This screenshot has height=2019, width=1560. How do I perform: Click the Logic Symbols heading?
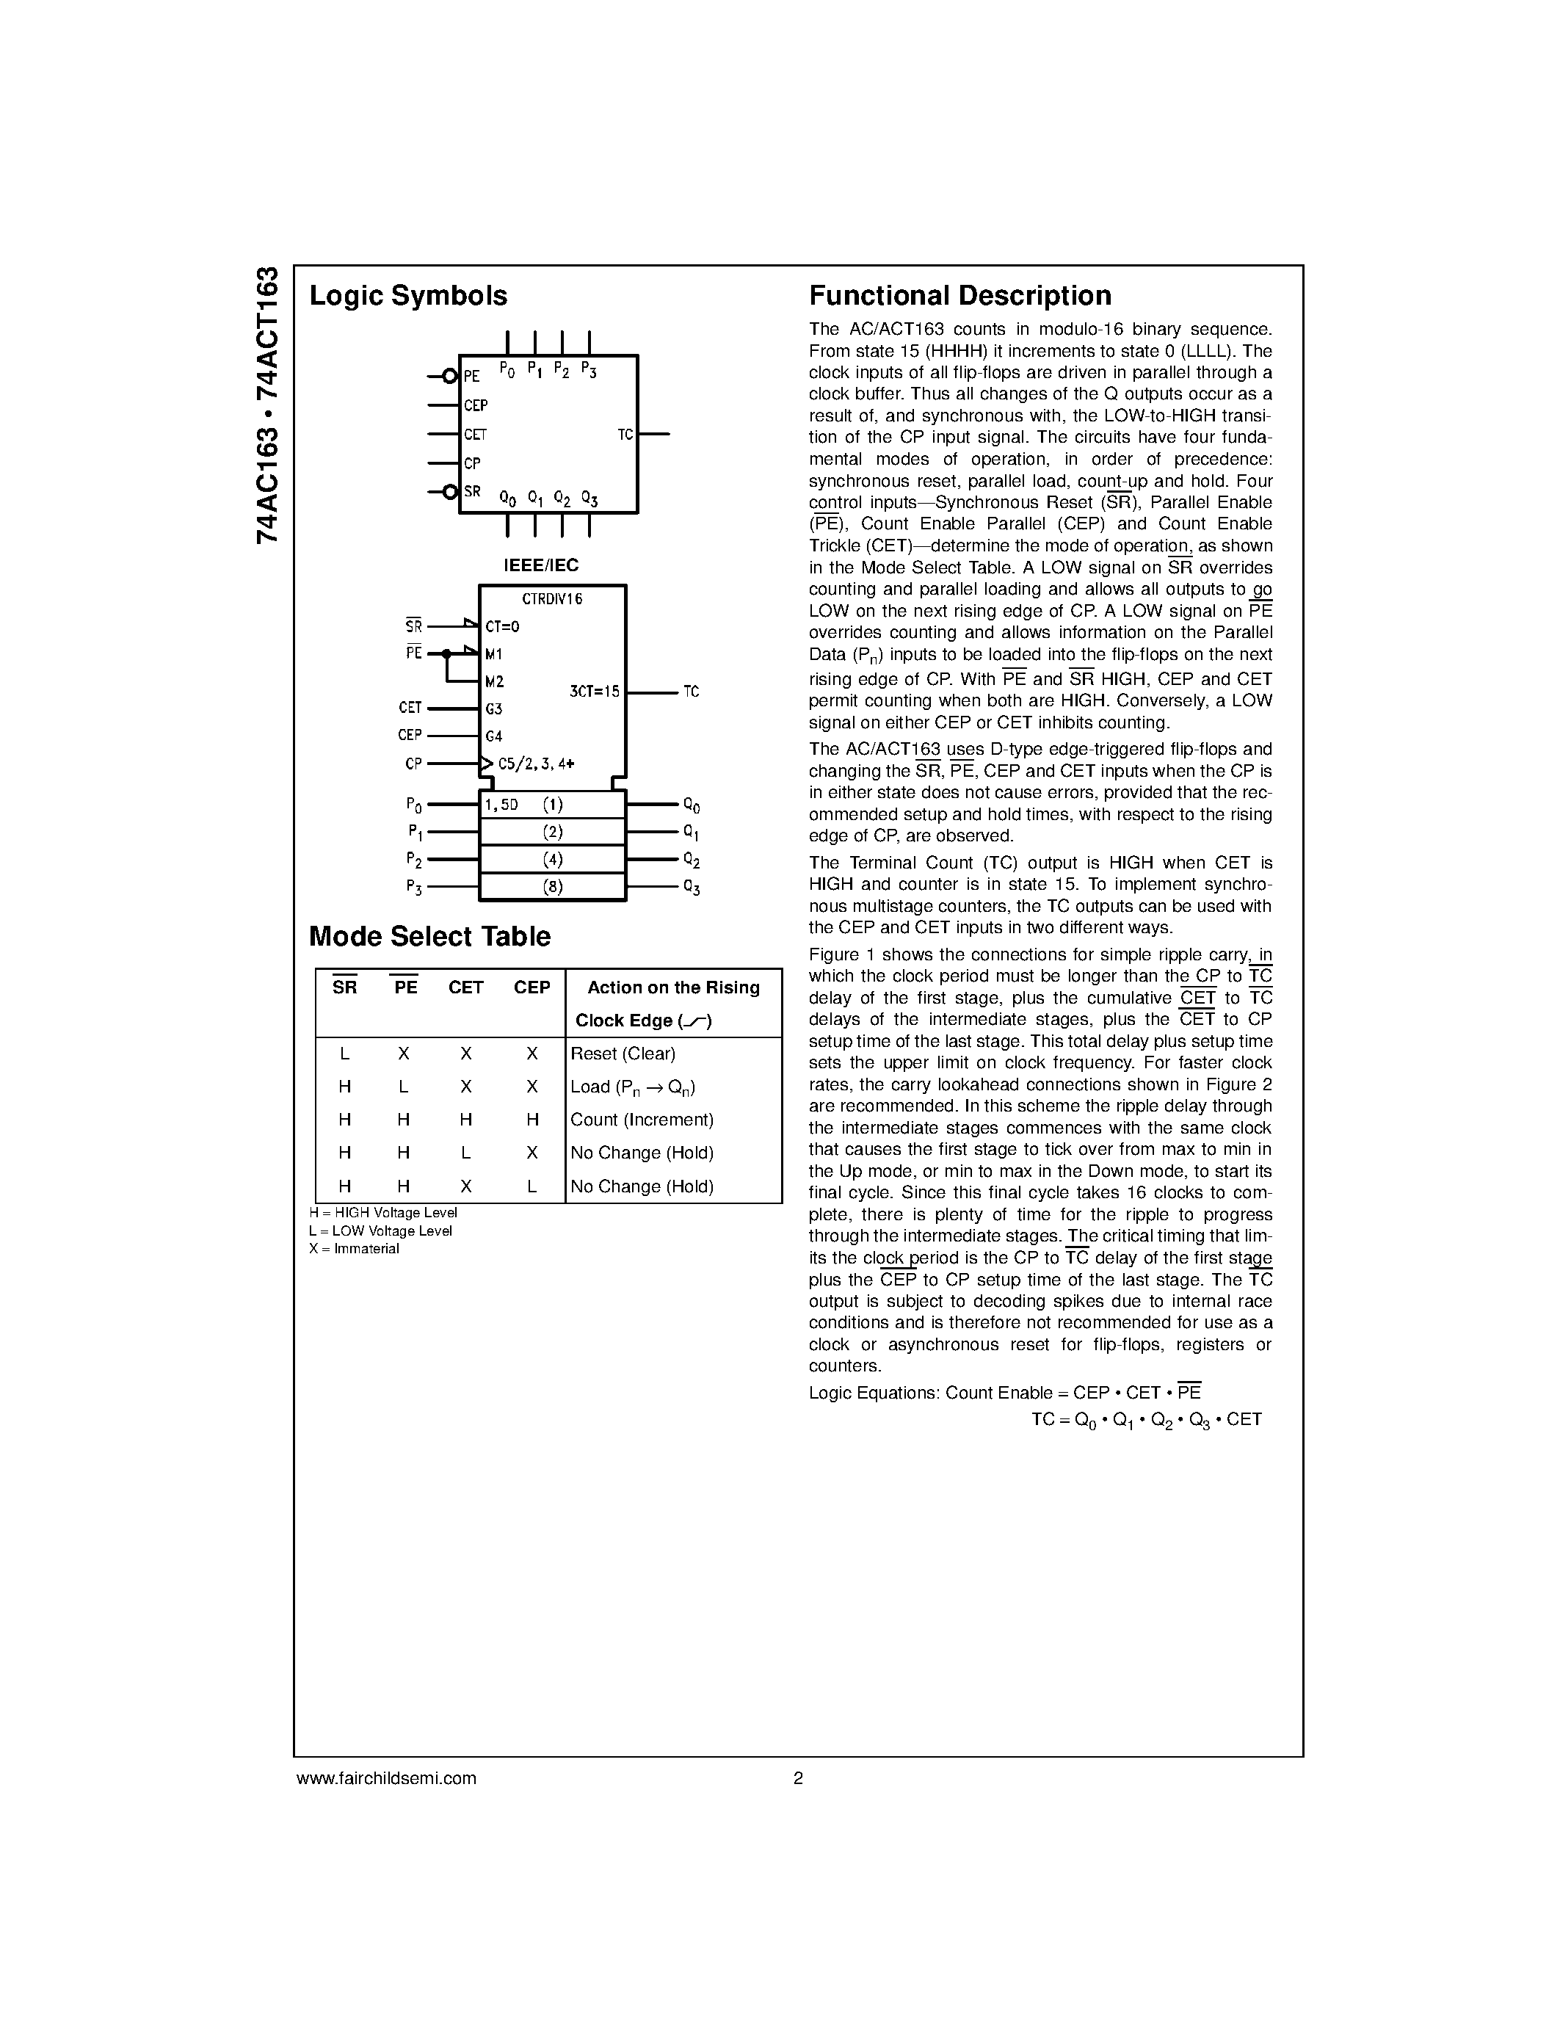pos(407,296)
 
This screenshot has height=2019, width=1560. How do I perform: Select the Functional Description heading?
pos(959,296)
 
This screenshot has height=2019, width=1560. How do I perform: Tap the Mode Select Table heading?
pos(429,937)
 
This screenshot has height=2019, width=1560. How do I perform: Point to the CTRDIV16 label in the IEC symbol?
pos(552,599)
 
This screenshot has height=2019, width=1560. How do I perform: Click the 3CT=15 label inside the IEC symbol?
pos(594,692)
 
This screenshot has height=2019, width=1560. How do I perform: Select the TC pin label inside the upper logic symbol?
pos(625,435)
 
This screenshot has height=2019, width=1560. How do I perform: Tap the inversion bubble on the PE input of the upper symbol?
pos(450,376)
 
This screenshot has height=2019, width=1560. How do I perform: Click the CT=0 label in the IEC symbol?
pos(503,627)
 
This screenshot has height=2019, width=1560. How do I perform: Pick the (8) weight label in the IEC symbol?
pos(553,887)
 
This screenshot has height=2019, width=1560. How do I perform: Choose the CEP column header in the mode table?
pos(532,987)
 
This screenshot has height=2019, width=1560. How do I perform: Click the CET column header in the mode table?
pos(465,987)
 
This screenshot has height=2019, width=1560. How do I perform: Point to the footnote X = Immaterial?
pos(354,1249)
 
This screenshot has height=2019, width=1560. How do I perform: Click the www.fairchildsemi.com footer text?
pos(386,1777)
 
